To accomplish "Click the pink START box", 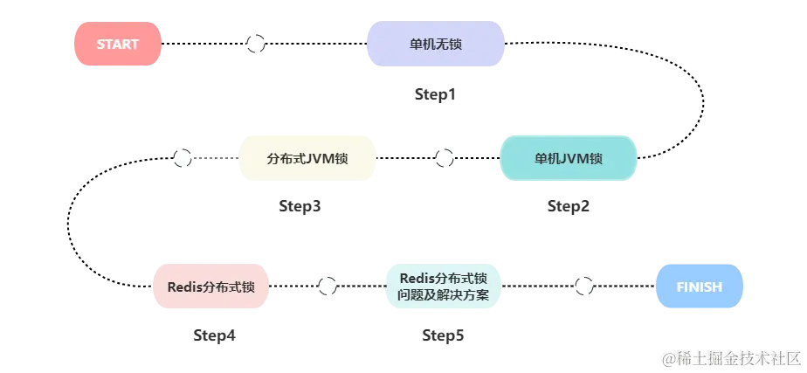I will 117,45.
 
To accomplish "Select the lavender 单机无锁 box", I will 435,45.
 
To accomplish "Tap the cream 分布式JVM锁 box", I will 307,159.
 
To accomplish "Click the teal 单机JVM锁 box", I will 569,159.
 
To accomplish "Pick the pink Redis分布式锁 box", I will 211,287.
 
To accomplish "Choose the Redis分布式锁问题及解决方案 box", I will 444,287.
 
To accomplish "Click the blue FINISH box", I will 699,287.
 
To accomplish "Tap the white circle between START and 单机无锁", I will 255,45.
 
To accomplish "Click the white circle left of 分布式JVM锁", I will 182,158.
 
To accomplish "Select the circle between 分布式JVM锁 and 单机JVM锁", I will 444,158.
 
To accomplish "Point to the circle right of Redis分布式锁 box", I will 327,286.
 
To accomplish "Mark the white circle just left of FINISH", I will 583,286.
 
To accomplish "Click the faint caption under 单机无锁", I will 436,94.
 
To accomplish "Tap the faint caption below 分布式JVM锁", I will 297,208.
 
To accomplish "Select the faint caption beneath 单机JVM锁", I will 569,208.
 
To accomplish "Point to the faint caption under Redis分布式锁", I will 213,335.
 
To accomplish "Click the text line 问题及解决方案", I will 444,295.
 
